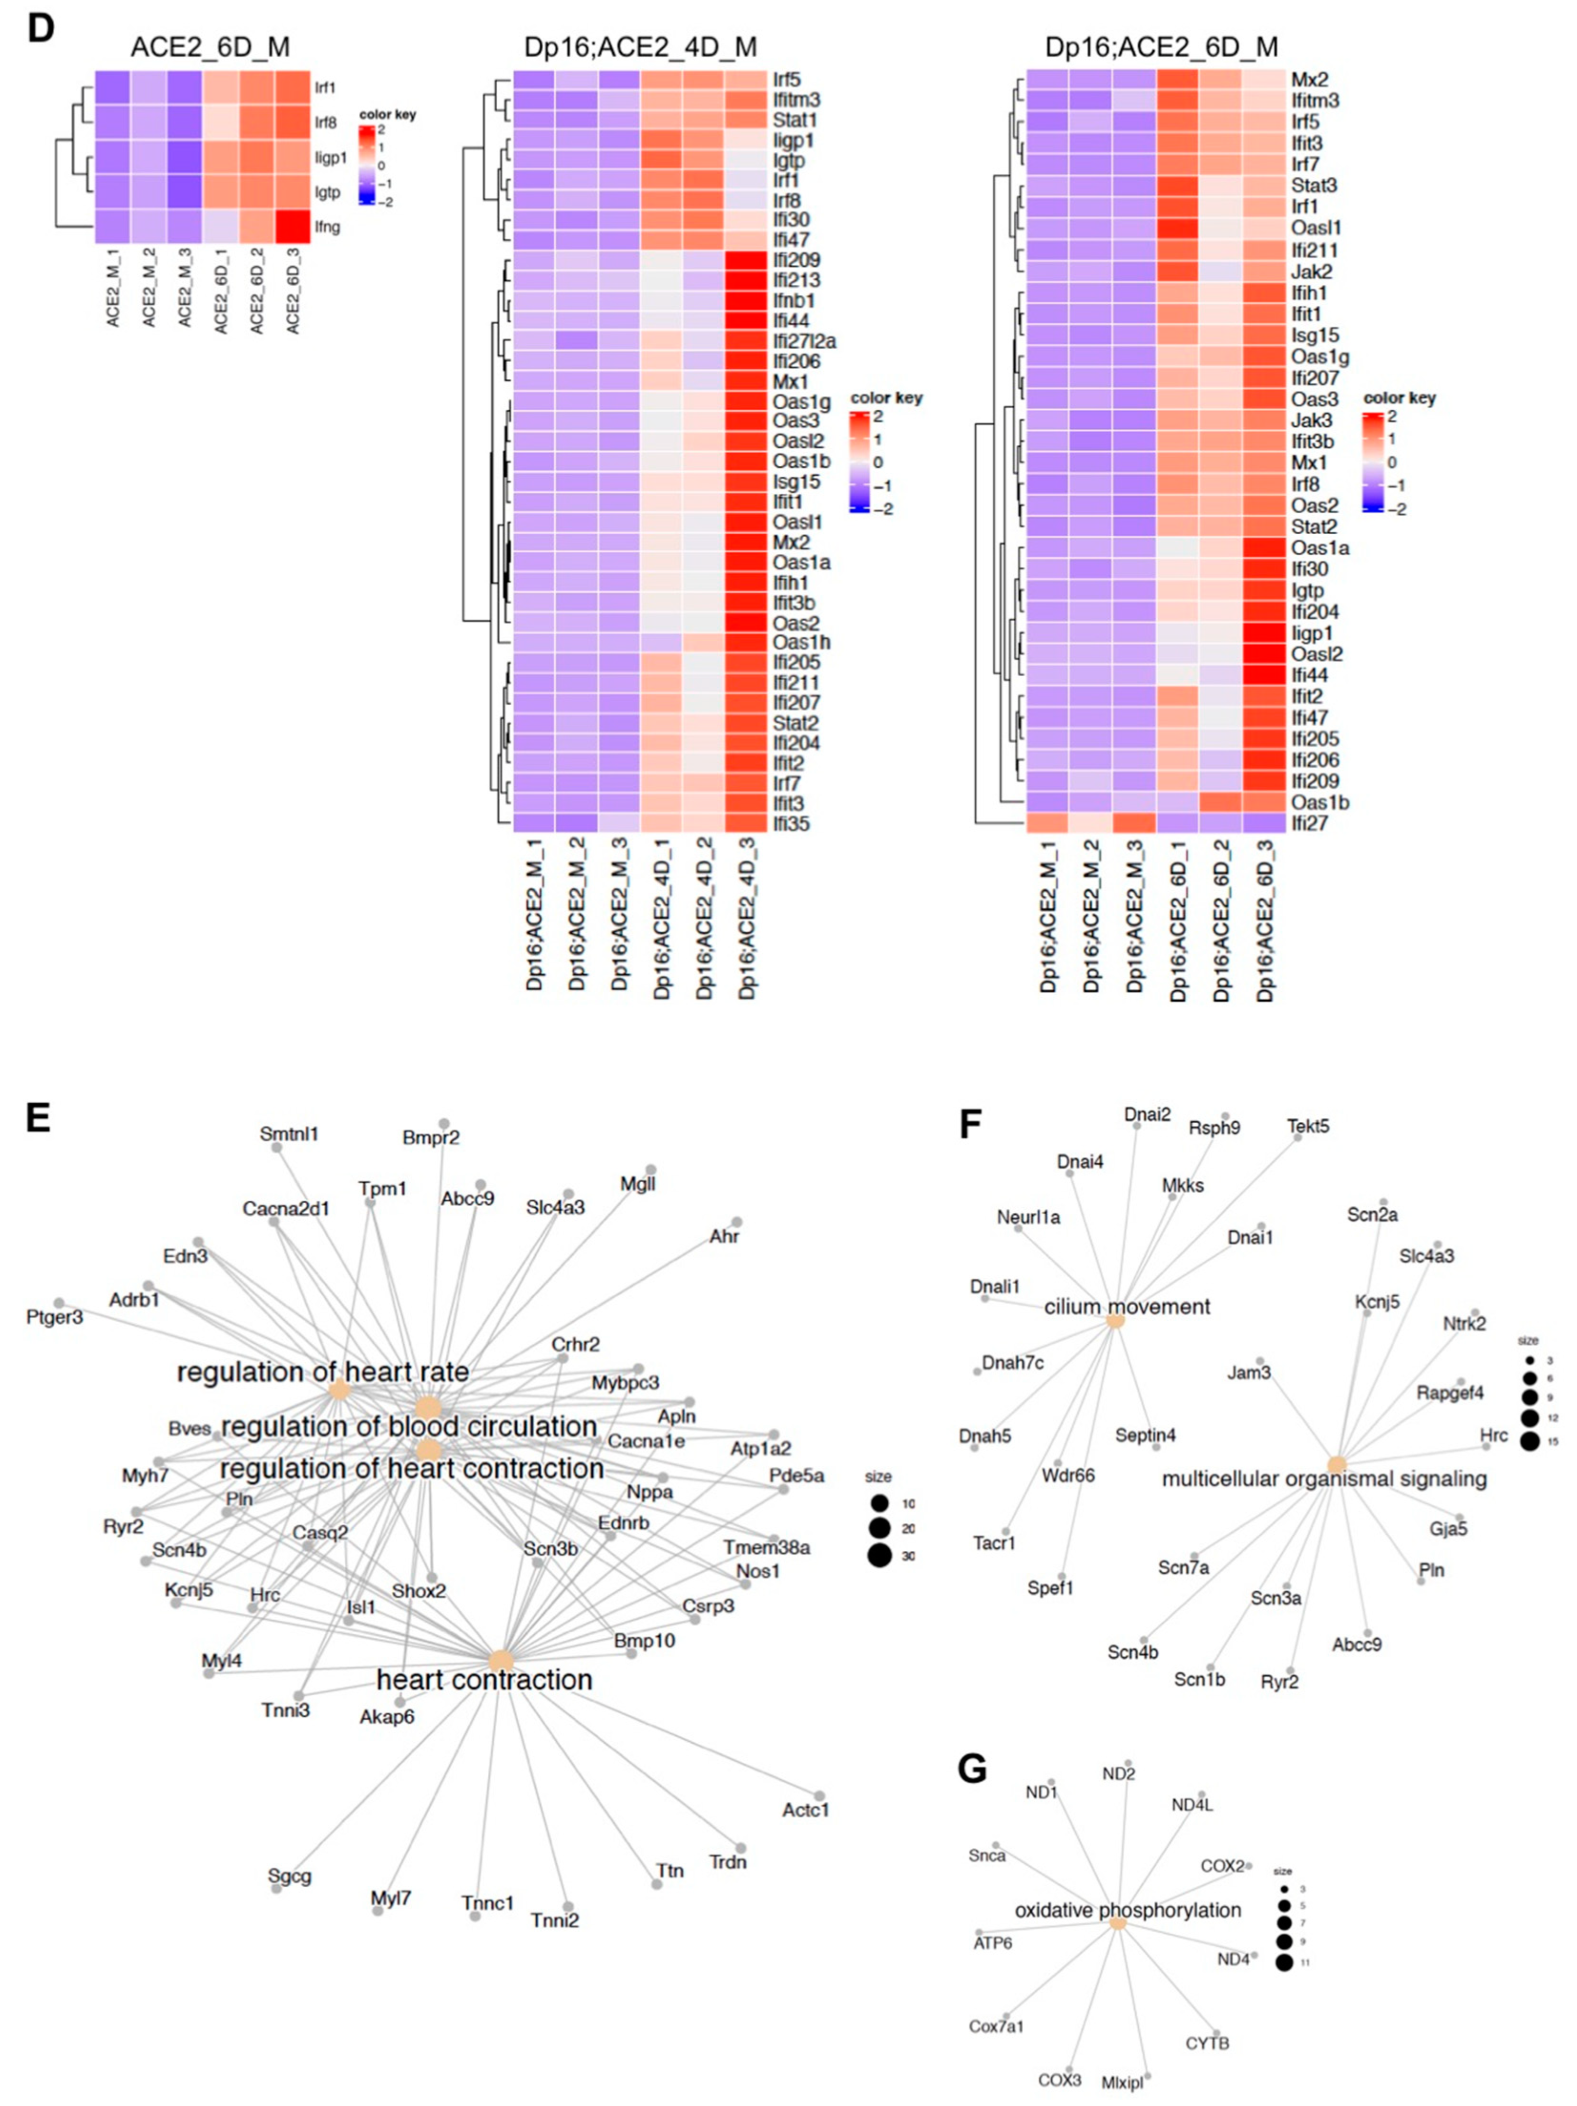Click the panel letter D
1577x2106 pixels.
(x=40, y=29)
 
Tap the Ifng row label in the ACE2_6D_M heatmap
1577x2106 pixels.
(x=327, y=227)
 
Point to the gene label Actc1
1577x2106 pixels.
(x=805, y=1809)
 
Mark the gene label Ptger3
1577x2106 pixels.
(x=54, y=1317)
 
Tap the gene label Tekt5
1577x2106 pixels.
(x=1308, y=1126)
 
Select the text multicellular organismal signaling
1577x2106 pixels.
(x=1324, y=1479)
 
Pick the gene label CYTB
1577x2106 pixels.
(x=1207, y=2043)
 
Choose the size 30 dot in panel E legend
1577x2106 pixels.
(x=879, y=1556)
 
